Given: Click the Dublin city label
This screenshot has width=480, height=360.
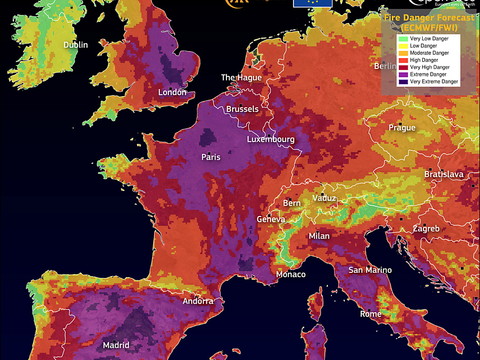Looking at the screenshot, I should (x=76, y=45).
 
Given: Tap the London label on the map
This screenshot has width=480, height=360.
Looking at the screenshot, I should (x=173, y=93).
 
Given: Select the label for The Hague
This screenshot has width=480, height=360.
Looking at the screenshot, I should (x=241, y=77).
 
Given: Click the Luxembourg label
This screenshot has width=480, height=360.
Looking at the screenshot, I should (x=270, y=139).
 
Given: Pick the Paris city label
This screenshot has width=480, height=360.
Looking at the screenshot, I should (x=211, y=157).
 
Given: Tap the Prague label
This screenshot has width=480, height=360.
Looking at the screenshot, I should (x=402, y=128).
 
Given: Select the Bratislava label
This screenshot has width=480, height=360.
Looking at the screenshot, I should (x=443, y=174).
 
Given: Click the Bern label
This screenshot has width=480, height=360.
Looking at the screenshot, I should (x=292, y=203).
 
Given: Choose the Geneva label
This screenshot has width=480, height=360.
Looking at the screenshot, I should (x=271, y=219).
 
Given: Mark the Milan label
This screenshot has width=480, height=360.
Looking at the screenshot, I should (x=319, y=235).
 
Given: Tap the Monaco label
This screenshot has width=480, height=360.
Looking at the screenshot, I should (x=291, y=274).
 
